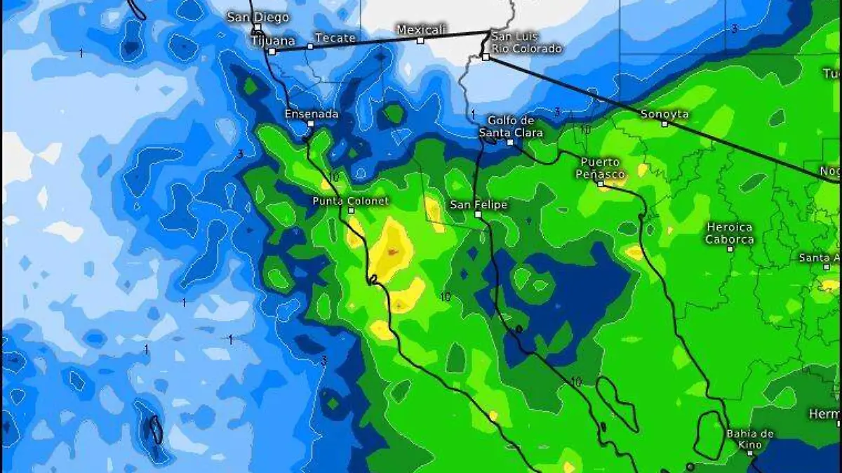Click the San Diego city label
(x=258, y=18)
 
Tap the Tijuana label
(x=273, y=41)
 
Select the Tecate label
(x=335, y=38)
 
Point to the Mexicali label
(x=422, y=29)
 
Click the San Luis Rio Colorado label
(x=526, y=42)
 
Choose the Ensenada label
(x=312, y=114)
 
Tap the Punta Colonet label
(x=350, y=201)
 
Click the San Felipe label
(x=478, y=204)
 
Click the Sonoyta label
(x=664, y=114)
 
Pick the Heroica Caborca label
(x=730, y=233)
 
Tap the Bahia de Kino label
(x=750, y=439)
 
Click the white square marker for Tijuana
(x=272, y=51)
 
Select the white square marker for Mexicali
(x=420, y=40)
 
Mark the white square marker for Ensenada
(x=310, y=124)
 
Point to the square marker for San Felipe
(x=478, y=214)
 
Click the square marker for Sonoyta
(x=664, y=124)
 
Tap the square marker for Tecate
(x=311, y=46)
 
